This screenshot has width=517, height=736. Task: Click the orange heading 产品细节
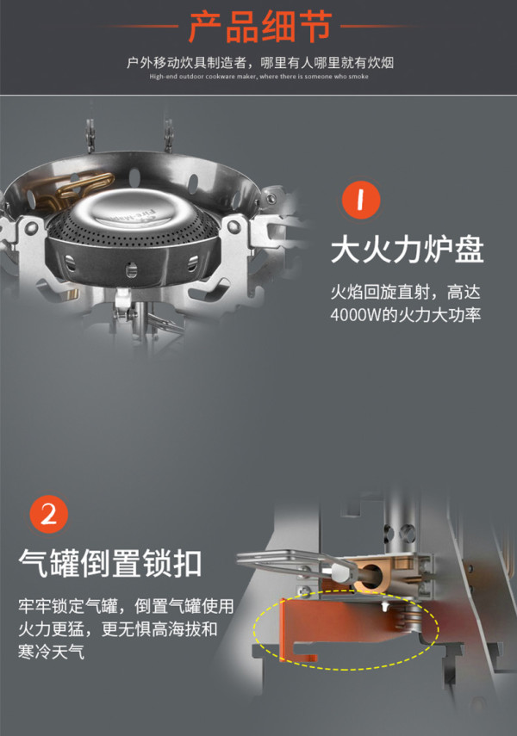pyautogui.click(x=260, y=27)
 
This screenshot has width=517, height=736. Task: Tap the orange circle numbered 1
pyautogui.click(x=361, y=200)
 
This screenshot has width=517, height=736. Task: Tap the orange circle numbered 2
pyautogui.click(x=49, y=515)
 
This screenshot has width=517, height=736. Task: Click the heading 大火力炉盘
pyautogui.click(x=407, y=250)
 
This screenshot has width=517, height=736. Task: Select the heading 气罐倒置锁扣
pyautogui.click(x=110, y=563)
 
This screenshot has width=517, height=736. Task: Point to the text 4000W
pyautogui.click(x=355, y=314)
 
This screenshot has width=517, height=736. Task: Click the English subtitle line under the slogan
pyautogui.click(x=259, y=77)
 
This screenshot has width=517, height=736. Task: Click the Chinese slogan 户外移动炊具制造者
pyautogui.click(x=186, y=63)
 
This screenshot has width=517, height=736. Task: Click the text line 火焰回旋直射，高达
pyautogui.click(x=406, y=292)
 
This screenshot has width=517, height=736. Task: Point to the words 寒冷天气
pyautogui.click(x=51, y=652)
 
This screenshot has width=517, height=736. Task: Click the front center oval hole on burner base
pyautogui.click(x=132, y=269)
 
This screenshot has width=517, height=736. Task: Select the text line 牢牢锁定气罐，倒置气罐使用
pyautogui.click(x=126, y=606)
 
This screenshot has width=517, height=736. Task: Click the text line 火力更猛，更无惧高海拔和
pyautogui.click(x=118, y=629)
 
